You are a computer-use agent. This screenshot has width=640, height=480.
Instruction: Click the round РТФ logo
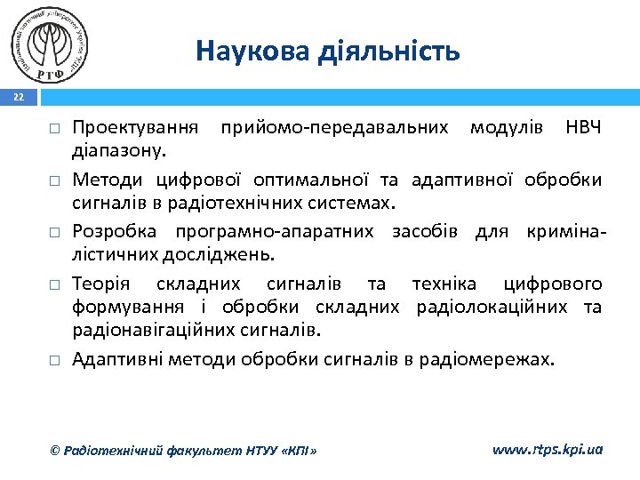(52, 43)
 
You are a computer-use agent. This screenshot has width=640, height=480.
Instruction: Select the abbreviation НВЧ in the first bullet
(583, 127)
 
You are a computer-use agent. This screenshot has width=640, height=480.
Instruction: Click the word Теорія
(101, 284)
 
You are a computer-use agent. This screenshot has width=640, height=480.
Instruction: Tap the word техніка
(444, 284)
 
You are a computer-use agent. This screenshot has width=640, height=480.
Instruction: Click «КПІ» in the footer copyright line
(295, 451)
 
